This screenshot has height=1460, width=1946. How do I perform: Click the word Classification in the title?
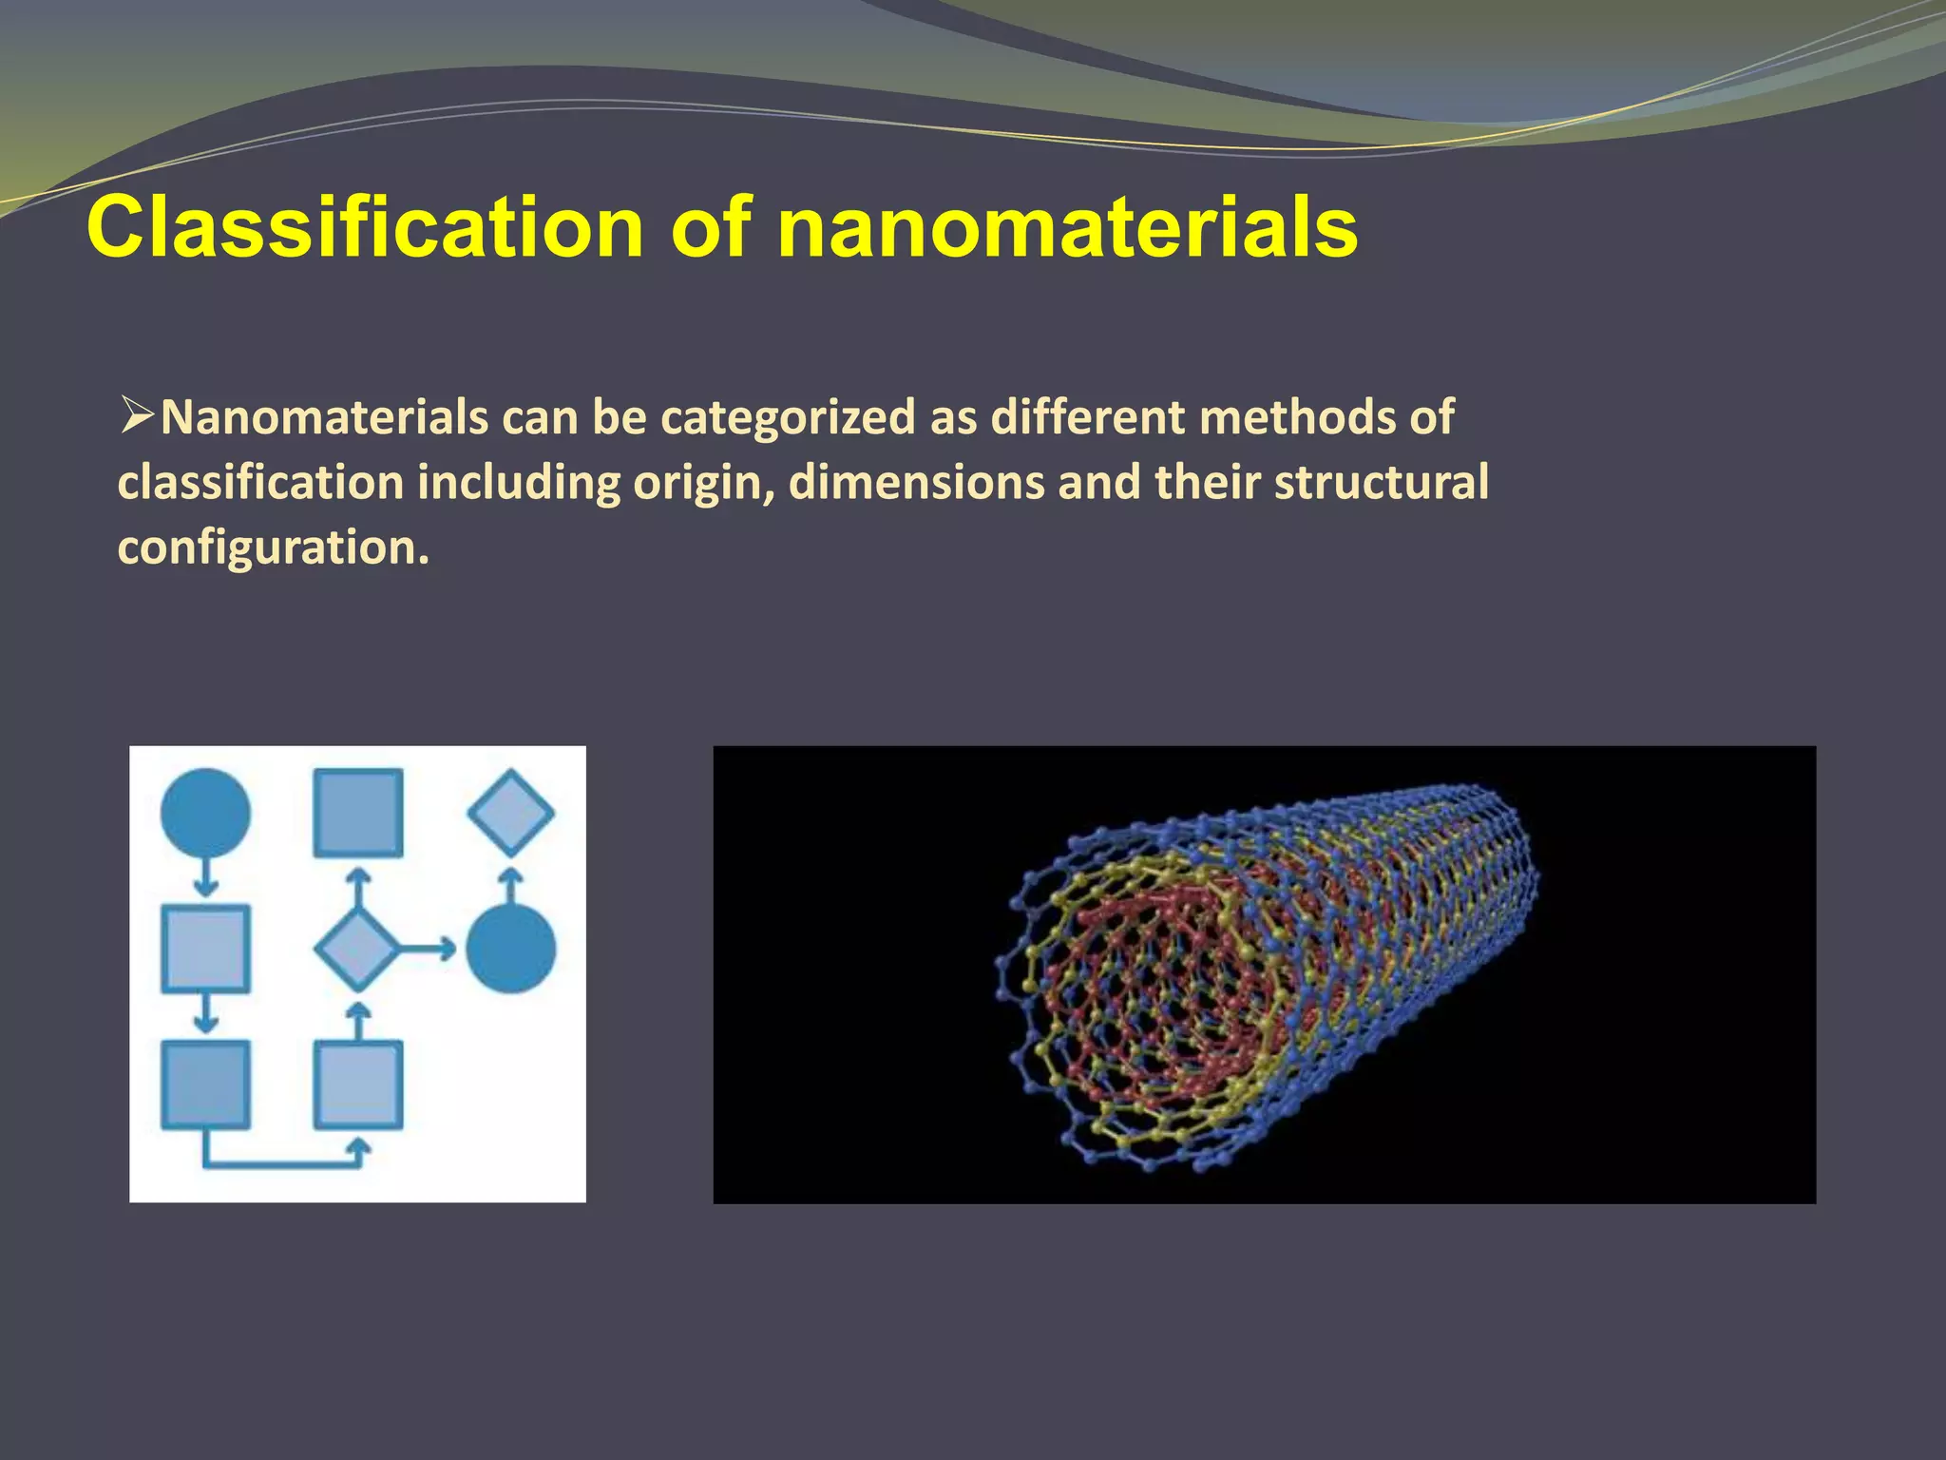click(365, 228)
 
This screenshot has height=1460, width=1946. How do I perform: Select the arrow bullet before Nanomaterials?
click(137, 415)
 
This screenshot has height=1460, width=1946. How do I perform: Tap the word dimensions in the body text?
click(916, 482)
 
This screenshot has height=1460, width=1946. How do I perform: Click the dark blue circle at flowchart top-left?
click(205, 814)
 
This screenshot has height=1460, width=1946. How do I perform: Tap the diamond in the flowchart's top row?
click(510, 813)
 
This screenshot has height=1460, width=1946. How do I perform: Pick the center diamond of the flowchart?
click(356, 949)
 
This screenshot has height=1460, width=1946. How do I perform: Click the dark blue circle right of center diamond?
click(510, 949)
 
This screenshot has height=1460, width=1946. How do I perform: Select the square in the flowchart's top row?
click(358, 813)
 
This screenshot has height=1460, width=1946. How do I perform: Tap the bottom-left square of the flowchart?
click(205, 1085)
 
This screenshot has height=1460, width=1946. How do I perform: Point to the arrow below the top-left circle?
click(205, 877)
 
